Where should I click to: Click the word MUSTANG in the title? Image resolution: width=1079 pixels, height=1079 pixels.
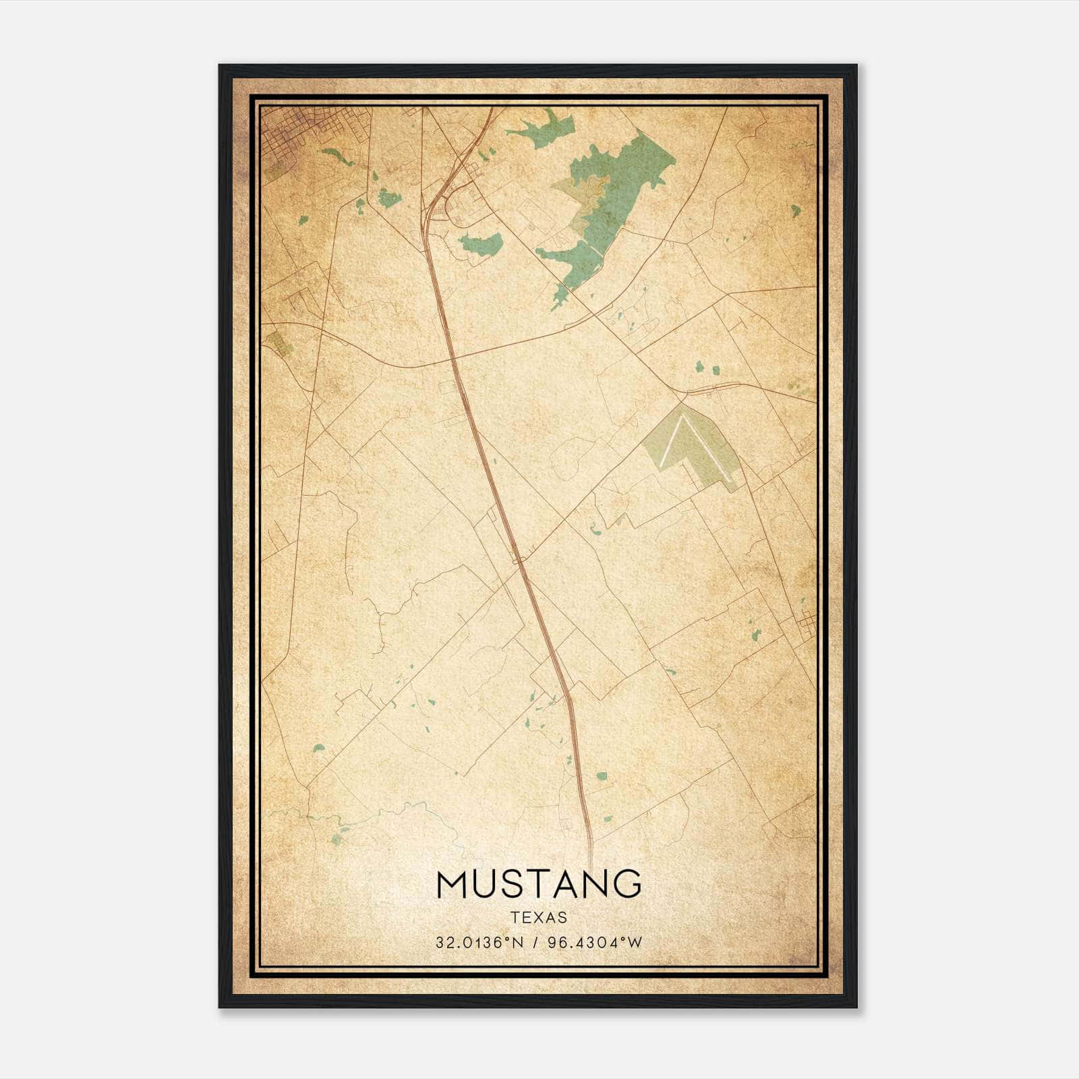539,883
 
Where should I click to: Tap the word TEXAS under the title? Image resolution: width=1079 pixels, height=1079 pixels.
539,918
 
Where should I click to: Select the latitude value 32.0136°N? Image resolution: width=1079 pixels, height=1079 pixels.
479,943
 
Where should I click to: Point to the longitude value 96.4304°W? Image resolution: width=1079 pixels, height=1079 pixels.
597,943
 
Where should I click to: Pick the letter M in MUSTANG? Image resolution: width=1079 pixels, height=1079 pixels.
453,883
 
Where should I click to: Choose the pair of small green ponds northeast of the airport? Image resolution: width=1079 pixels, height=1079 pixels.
707,369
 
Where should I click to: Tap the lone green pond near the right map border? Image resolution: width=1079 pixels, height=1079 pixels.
796,210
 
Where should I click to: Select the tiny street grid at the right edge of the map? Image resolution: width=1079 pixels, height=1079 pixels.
807,624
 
